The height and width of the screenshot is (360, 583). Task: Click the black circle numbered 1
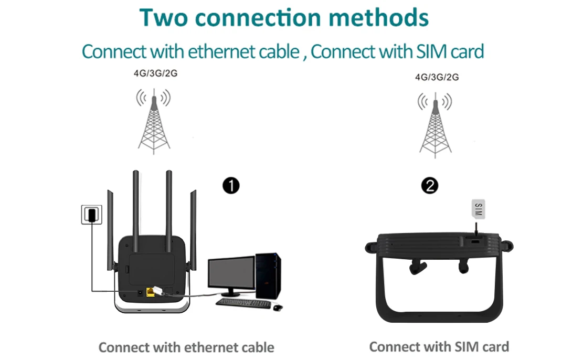(x=231, y=185)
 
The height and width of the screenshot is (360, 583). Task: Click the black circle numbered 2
(x=430, y=185)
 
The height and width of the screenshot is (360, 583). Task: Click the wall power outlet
(x=91, y=214)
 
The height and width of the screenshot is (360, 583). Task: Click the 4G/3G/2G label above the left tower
(x=156, y=73)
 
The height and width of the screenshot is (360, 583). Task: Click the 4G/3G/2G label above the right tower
(x=437, y=77)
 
